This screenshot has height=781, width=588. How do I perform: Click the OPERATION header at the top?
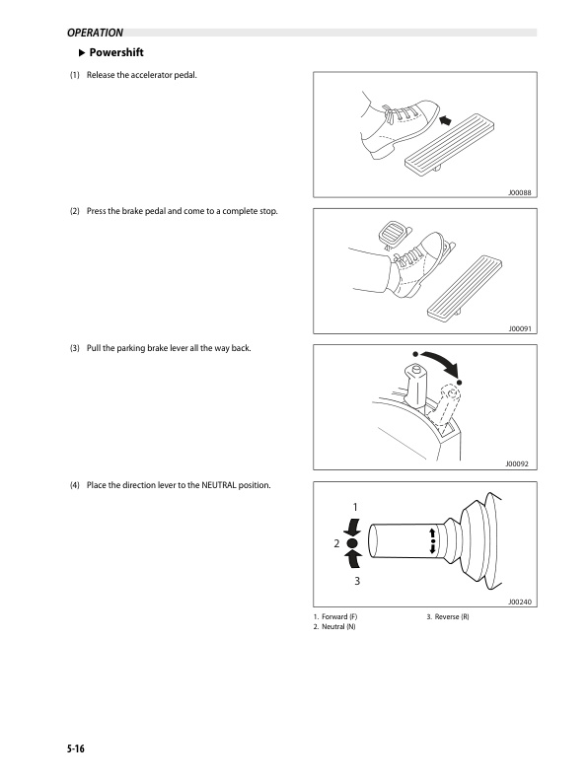point(95,33)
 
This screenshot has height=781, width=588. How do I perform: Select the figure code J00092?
point(519,462)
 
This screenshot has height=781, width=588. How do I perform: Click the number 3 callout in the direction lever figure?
point(356,581)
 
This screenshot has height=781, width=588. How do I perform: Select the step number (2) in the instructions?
point(74,212)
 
